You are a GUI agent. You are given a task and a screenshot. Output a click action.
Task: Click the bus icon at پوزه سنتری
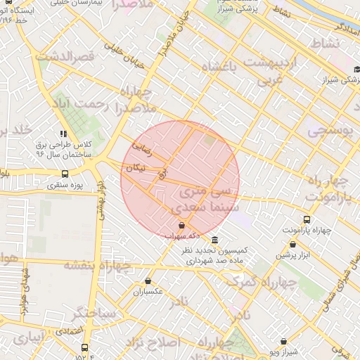pos(65,174)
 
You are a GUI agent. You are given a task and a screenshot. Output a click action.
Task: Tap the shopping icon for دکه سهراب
pos(182,226)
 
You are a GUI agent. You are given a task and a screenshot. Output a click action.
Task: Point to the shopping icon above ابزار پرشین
pos(292,244)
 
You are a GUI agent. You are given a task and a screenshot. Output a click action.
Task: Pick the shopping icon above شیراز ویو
pos(283,341)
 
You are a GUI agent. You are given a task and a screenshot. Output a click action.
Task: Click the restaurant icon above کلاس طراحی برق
pos(63,134)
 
